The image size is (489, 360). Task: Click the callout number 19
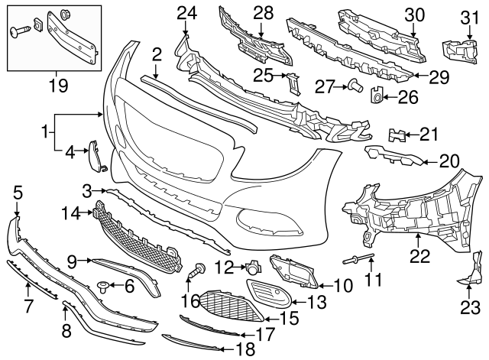(52, 79)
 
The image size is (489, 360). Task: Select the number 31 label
(467, 16)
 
